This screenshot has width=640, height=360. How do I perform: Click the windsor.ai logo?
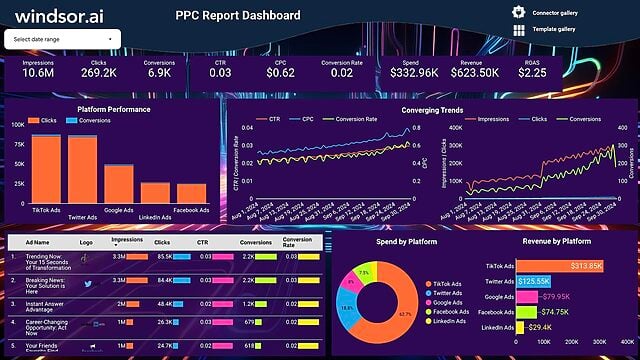pyautogui.click(x=58, y=15)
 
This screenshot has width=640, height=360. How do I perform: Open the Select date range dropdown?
pyautogui.click(x=63, y=38)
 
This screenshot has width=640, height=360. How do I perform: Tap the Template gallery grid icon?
pyautogui.click(x=518, y=30)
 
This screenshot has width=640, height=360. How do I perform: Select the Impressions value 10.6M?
pyautogui.click(x=38, y=72)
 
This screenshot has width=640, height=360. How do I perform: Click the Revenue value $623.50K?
pyautogui.click(x=476, y=72)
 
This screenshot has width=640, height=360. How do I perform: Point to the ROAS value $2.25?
pyautogui.click(x=532, y=72)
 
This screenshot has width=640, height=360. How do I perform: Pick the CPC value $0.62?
pyautogui.click(x=281, y=72)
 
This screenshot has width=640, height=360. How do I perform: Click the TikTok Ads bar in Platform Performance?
pyautogui.click(x=46, y=170)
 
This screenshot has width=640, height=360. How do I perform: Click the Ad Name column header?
pyautogui.click(x=39, y=242)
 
